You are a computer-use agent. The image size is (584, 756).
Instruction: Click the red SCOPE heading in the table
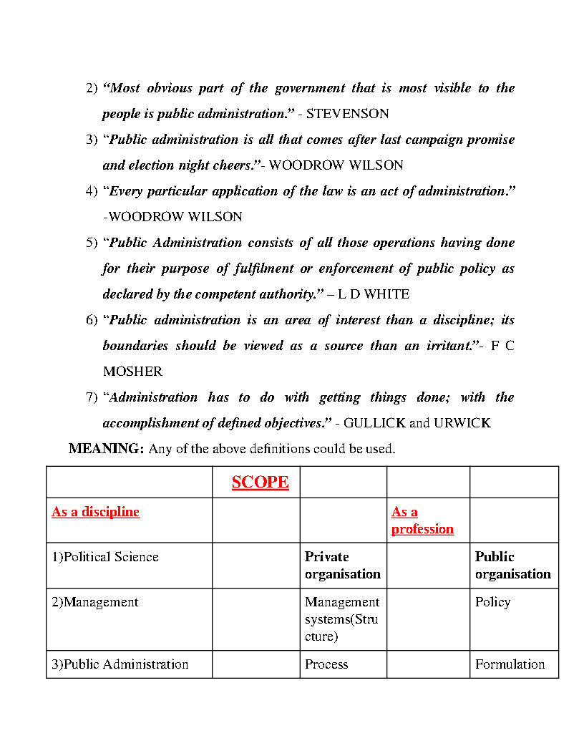click(x=260, y=482)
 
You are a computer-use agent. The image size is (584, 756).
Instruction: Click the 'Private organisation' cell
click(x=342, y=566)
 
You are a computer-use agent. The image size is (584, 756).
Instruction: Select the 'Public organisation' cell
click(x=512, y=566)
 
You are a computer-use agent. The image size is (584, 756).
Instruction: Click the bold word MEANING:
click(x=107, y=449)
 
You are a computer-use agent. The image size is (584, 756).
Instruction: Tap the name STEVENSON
click(x=347, y=114)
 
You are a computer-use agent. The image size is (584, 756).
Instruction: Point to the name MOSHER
click(x=132, y=372)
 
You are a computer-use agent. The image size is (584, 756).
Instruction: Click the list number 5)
click(x=92, y=243)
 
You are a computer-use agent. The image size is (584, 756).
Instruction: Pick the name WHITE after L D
click(x=386, y=294)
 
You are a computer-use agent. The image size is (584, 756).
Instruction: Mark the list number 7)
click(x=92, y=397)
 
